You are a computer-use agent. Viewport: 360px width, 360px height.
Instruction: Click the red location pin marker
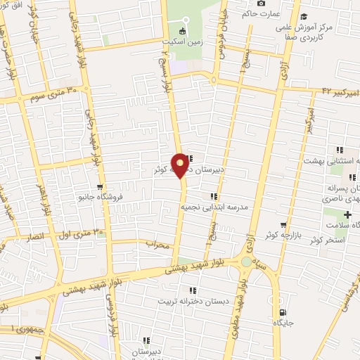point(181,164)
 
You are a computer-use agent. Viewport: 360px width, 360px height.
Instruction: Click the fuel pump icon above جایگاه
point(283,311)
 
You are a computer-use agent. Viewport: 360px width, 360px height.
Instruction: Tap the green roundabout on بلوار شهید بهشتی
point(246,262)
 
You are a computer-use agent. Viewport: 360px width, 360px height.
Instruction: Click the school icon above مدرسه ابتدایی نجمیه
point(213,197)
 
